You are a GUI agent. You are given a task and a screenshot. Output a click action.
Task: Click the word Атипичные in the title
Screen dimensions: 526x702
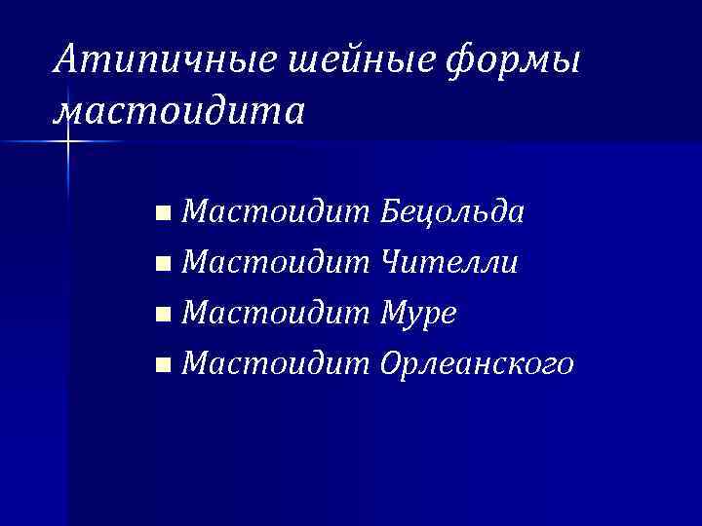click(169, 61)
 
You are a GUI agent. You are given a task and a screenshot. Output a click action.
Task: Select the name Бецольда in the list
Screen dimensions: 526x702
click(453, 211)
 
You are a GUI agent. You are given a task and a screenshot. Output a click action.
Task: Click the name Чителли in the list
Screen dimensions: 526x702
click(449, 262)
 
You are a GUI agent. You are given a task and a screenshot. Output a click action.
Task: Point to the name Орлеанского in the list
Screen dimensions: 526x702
click(477, 365)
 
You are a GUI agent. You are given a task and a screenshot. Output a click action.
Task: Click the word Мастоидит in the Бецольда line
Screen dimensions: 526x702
click(276, 210)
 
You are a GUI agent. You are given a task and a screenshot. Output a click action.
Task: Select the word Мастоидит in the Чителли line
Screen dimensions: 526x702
click(276, 262)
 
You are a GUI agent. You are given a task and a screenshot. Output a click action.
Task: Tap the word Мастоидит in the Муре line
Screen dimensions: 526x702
click(276, 314)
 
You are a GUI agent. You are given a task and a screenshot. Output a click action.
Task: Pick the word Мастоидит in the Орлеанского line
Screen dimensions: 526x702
click(276, 364)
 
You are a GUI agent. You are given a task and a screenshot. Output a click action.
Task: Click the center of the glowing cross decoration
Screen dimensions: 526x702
click(69, 142)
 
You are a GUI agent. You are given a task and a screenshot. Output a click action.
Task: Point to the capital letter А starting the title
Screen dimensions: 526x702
click(66, 60)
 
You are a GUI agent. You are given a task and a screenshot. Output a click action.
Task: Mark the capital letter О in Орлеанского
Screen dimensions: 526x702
click(393, 364)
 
